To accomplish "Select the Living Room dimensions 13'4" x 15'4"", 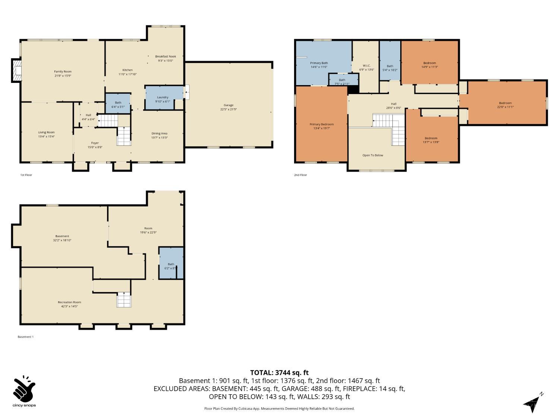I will point(46,136).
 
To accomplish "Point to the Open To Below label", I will point(373,155).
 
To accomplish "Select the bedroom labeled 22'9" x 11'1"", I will point(505,105).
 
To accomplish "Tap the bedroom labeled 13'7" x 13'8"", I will point(431,140).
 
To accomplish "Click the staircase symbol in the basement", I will point(124,300).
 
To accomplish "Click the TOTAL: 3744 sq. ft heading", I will point(279,372).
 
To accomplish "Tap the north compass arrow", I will point(533,403).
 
